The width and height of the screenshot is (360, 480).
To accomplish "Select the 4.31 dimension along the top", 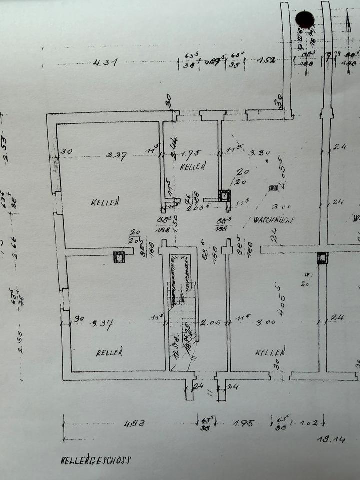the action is (105, 63).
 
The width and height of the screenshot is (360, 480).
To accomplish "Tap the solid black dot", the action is (305, 19).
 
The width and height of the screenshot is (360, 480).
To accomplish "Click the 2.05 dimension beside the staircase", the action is (210, 323).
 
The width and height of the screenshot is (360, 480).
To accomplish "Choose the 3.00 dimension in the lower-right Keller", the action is (266, 323).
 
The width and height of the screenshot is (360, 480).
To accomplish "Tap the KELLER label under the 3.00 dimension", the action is (270, 353).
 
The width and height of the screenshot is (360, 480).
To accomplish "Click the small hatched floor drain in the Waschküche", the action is (273, 188).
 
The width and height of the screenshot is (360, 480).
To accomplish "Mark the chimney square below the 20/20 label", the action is (225, 195).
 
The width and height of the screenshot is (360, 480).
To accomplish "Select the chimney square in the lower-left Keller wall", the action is (119, 257).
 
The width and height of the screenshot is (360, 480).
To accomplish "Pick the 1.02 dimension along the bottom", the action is (308, 424).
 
